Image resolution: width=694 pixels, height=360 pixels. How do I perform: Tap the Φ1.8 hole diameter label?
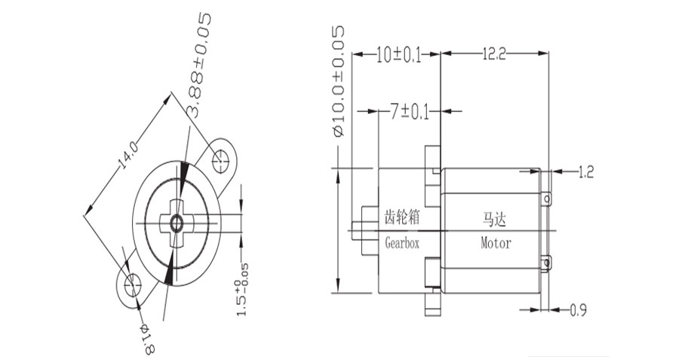tap(146, 337)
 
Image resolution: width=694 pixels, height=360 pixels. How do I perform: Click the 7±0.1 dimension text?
tap(409, 112)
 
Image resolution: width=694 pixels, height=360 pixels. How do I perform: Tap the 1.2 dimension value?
tap(585, 173)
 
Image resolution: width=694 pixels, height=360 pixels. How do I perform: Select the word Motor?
tap(496, 244)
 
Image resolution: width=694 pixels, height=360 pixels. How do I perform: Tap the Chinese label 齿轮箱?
tap(401, 219)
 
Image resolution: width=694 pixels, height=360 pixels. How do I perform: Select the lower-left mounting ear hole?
tap(132, 285)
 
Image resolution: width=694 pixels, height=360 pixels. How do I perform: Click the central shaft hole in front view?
tap(177, 223)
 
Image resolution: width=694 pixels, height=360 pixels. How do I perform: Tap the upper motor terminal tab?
tap(548, 197)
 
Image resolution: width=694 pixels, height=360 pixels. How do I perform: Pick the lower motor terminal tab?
tap(548, 263)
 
